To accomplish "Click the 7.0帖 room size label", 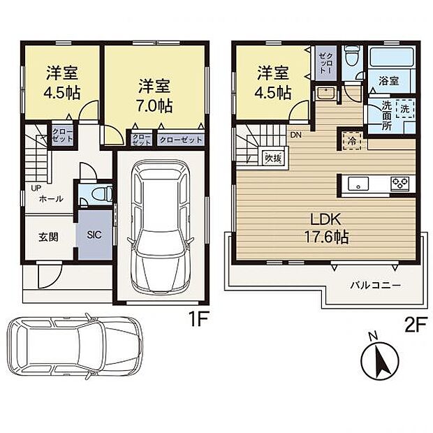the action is [x=154, y=105].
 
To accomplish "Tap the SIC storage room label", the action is [x=94, y=235].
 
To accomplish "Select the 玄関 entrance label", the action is [x=48, y=237].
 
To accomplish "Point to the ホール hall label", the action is [x=51, y=198].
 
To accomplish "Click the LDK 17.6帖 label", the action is [x=326, y=228].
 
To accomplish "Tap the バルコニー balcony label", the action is [x=375, y=285].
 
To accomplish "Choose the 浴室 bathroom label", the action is [x=389, y=81].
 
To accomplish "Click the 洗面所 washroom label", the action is [x=387, y=115].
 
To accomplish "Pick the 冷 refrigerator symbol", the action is [x=352, y=141].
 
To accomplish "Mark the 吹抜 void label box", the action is [x=273, y=159].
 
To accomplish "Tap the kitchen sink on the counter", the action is [x=358, y=184].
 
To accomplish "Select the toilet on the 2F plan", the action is [x=352, y=57].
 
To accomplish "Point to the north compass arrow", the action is [x=380, y=360].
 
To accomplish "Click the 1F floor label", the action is [x=198, y=318].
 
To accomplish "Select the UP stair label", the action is [x=36, y=189].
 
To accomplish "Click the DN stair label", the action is [x=295, y=135].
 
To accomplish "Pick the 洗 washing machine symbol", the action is [x=405, y=109].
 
